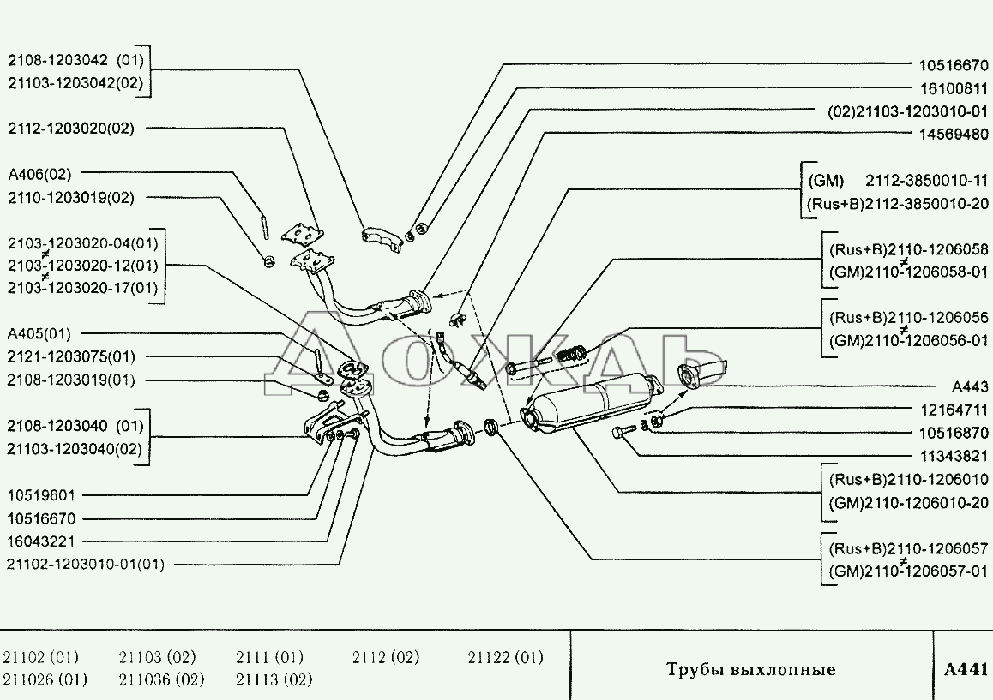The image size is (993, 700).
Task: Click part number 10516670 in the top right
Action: click(x=953, y=64)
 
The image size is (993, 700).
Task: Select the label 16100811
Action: click(x=953, y=87)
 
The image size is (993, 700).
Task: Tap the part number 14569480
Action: click(x=953, y=135)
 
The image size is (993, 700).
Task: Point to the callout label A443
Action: click(x=969, y=386)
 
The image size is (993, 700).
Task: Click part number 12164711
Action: click(x=953, y=410)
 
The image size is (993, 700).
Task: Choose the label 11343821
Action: click(x=953, y=456)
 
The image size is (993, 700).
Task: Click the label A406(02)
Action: click(x=39, y=174)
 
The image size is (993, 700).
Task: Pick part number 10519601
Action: click(x=42, y=495)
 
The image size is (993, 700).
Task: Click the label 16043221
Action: click(x=42, y=541)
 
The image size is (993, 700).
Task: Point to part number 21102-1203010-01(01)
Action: click(x=85, y=565)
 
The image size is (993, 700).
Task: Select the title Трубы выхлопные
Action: click(x=750, y=669)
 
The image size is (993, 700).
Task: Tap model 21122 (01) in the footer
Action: click(x=505, y=658)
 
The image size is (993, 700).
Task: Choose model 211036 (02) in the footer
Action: click(x=161, y=680)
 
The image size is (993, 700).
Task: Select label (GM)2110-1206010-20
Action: click(x=907, y=502)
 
